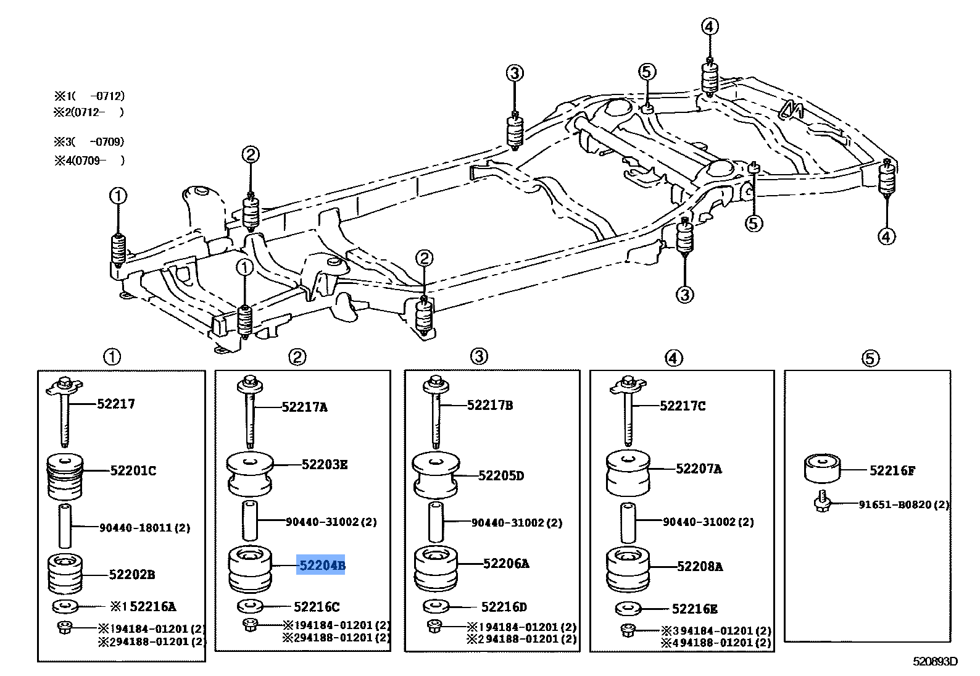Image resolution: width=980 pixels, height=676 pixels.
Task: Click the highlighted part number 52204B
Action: click(321, 565)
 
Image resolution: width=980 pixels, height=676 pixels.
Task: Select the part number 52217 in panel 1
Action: click(115, 404)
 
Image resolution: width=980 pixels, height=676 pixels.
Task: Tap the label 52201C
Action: click(133, 470)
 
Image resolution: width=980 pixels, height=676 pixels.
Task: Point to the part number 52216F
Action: click(892, 470)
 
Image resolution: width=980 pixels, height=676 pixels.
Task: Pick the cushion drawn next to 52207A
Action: click(628, 473)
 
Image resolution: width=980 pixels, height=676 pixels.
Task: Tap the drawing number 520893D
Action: click(934, 661)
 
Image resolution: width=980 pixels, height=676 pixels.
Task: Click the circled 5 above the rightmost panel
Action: click(870, 358)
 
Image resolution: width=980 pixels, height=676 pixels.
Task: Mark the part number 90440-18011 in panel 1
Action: click(144, 528)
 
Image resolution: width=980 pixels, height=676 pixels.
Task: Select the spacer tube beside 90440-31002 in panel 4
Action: click(628, 522)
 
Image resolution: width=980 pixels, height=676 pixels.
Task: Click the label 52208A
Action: click(699, 566)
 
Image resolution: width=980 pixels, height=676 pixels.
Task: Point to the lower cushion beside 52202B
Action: click(65, 574)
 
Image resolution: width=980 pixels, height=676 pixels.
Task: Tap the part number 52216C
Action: click(316, 607)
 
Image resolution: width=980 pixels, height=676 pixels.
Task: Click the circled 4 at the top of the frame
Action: click(710, 27)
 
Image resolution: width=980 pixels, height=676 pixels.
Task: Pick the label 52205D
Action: click(500, 475)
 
